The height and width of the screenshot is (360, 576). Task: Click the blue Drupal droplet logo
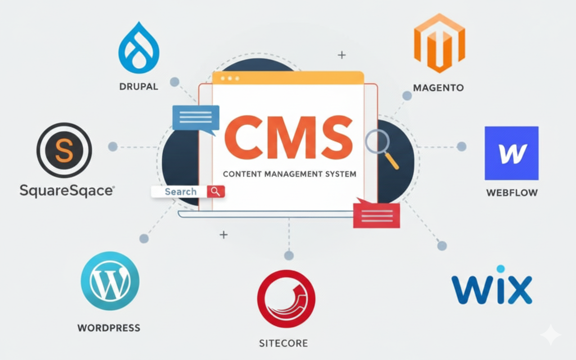pyautogui.click(x=139, y=49)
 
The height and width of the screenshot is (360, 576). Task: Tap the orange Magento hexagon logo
pyautogui.click(x=439, y=43)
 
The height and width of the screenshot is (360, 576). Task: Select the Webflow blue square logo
pyautogui.click(x=511, y=153)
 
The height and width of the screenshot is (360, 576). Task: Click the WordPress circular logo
pyautogui.click(x=110, y=281)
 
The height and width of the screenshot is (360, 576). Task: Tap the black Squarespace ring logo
pyautogui.click(x=64, y=150)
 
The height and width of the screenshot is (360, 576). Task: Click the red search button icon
pyautogui.click(x=216, y=192)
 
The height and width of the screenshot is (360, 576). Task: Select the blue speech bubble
pyautogui.click(x=196, y=118)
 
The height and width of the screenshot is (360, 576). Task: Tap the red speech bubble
pyautogui.click(x=377, y=215)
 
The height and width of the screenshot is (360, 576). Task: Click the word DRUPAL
pyautogui.click(x=139, y=86)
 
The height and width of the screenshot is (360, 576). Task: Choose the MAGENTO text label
pyautogui.click(x=438, y=88)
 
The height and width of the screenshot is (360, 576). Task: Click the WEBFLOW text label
pyautogui.click(x=512, y=193)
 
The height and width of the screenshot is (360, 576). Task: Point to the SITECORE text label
pyautogui.click(x=283, y=343)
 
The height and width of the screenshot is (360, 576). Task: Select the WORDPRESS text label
pyautogui.click(x=109, y=328)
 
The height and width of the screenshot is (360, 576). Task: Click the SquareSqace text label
pyautogui.click(x=67, y=190)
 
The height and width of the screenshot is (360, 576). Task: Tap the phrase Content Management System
pyautogui.click(x=289, y=174)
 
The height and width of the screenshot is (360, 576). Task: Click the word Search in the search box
pyautogui.click(x=180, y=192)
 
